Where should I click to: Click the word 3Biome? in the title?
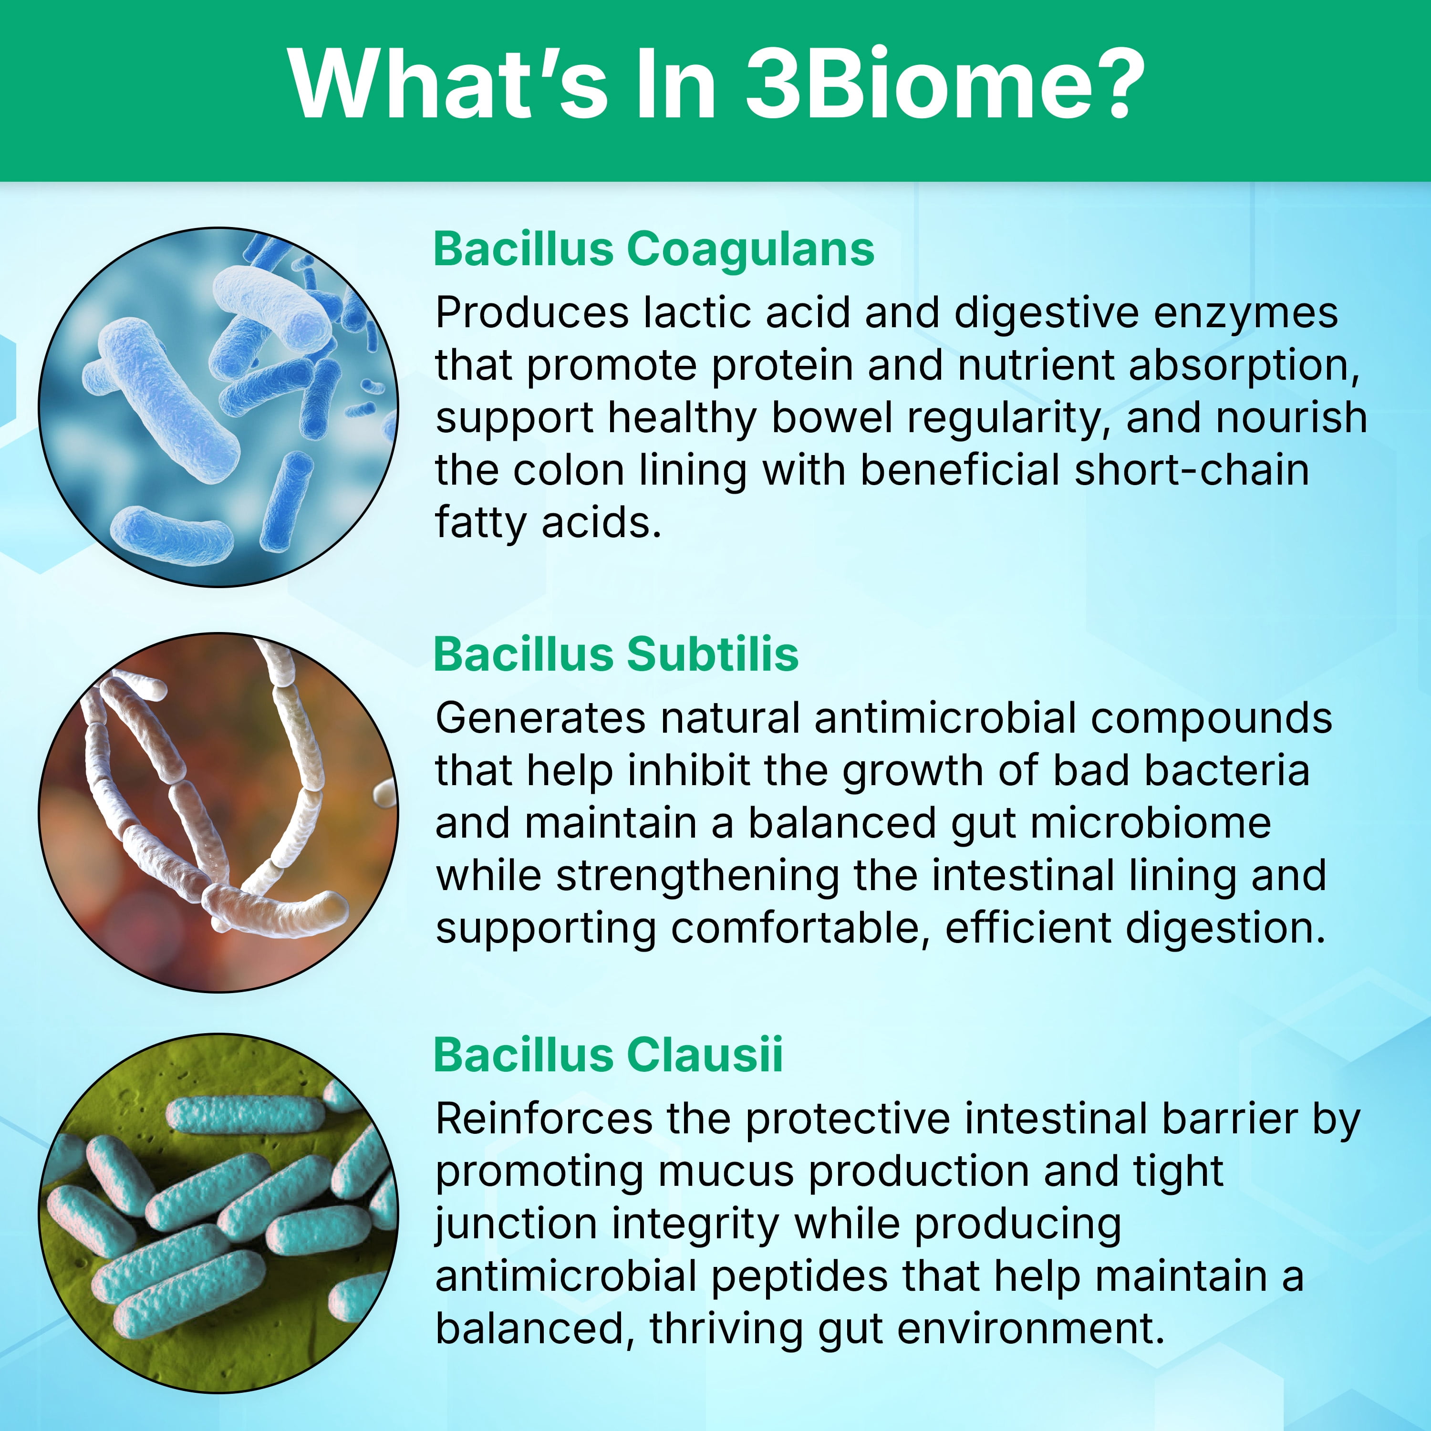(944, 83)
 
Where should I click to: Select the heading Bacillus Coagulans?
(653, 249)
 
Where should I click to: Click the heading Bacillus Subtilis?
(616, 655)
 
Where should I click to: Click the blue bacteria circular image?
(218, 407)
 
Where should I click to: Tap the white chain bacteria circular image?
(218, 812)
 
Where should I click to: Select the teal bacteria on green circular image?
(218, 1215)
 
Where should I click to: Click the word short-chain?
(1192, 470)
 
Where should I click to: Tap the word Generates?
(541, 718)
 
